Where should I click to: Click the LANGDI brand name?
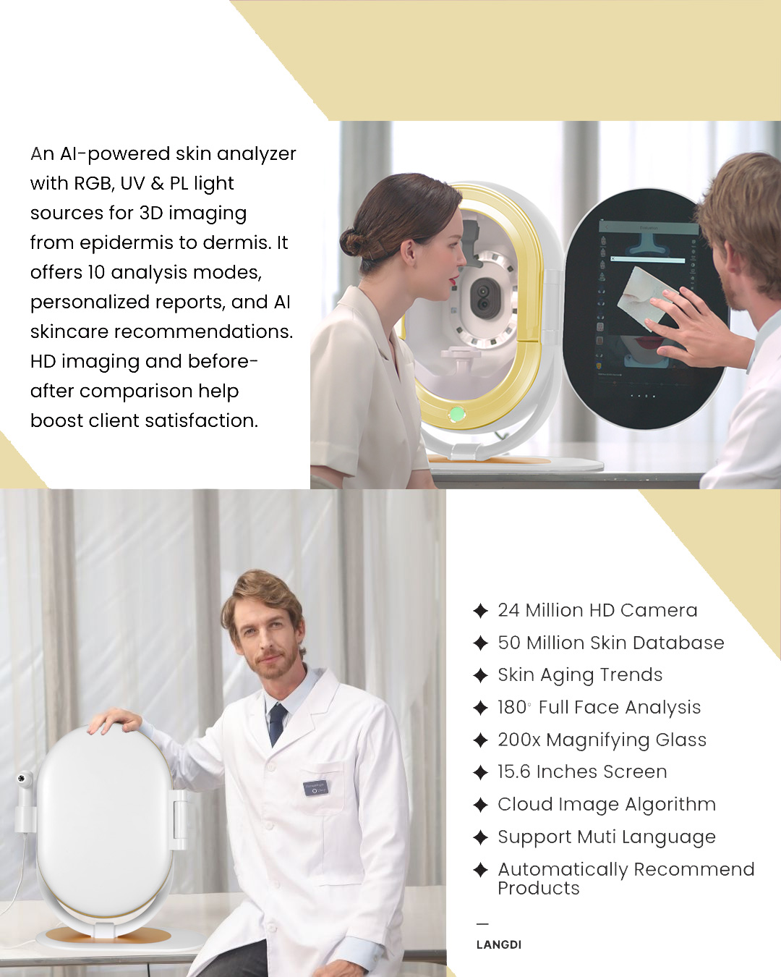click(x=499, y=944)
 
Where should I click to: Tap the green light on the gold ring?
click(x=457, y=413)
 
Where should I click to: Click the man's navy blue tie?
click(x=278, y=724)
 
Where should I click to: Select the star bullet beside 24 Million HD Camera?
click(x=480, y=611)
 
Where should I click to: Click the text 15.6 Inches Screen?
click(x=582, y=771)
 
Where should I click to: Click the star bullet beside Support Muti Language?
click(x=480, y=837)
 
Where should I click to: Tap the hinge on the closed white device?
click(x=179, y=820)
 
